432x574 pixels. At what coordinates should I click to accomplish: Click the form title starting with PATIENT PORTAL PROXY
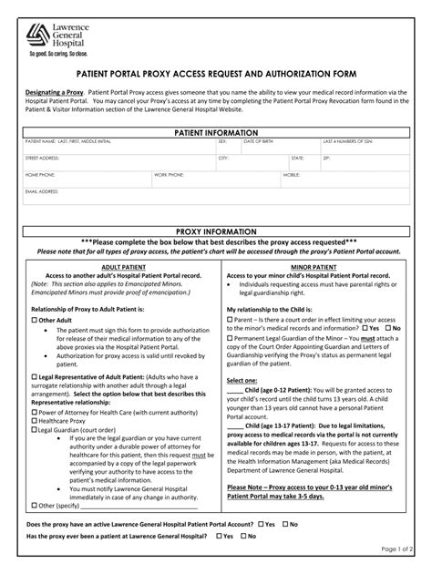(216, 74)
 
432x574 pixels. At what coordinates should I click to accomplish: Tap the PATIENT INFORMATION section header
(216, 133)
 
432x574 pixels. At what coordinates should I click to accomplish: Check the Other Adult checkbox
(34, 321)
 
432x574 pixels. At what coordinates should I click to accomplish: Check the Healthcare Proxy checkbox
(34, 420)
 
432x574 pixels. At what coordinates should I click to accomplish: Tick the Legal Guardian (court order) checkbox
(34, 428)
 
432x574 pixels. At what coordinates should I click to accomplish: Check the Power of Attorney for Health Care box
(34, 412)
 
